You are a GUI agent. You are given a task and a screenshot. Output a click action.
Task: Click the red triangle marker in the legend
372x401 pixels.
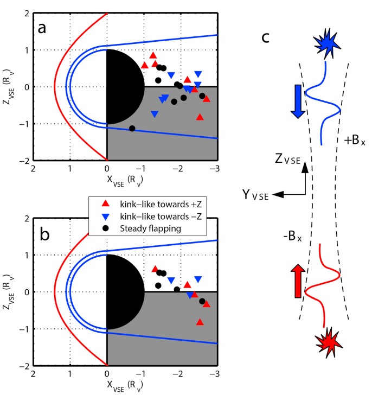[x=106, y=204]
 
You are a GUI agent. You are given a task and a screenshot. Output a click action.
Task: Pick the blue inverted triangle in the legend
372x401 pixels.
[x=106, y=216]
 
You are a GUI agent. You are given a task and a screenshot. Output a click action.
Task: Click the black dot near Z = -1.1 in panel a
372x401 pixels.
[x=132, y=129]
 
